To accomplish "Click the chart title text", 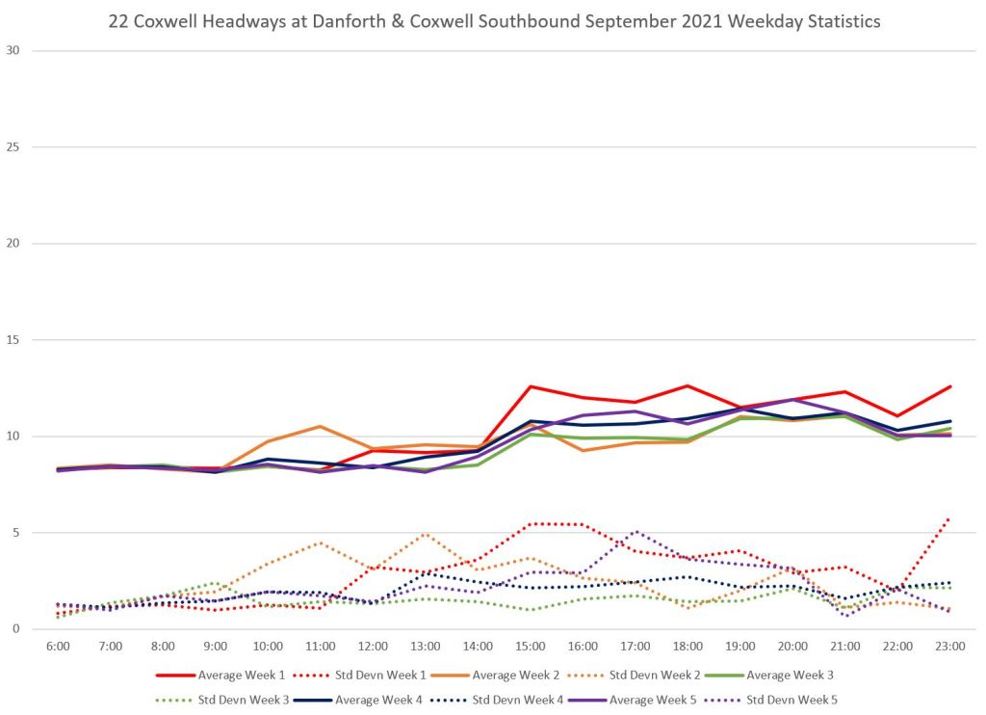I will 493,21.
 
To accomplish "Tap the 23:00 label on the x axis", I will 950,647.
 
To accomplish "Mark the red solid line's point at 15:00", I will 531,386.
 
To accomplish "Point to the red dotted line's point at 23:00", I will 950,517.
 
